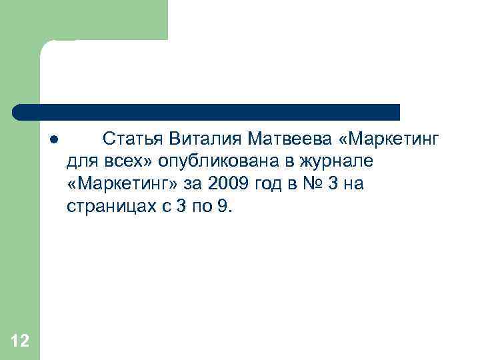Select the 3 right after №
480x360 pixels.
[337, 184]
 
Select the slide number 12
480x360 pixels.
[20, 341]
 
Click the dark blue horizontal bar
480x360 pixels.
[207, 112]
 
